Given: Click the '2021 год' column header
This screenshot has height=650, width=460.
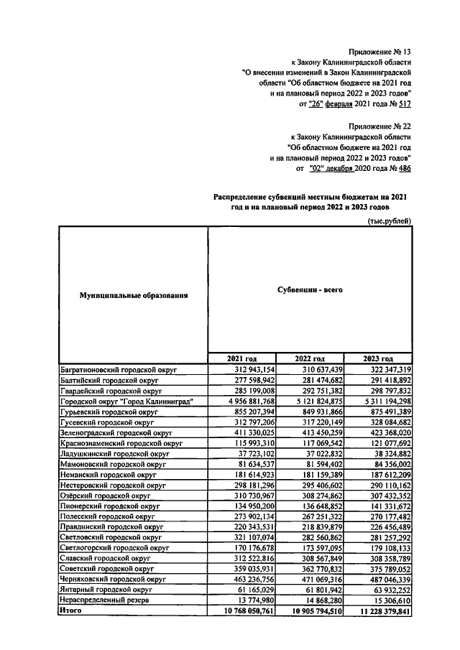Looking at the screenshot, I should pyautogui.click(x=241, y=358).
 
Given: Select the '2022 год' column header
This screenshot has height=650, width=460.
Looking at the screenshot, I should pyautogui.click(x=310, y=358).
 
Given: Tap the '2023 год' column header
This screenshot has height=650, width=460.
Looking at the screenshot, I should pyautogui.click(x=378, y=358).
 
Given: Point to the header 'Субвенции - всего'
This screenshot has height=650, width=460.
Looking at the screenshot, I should pyautogui.click(x=310, y=289).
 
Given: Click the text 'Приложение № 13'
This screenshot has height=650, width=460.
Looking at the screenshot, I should pyautogui.click(x=379, y=52).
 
